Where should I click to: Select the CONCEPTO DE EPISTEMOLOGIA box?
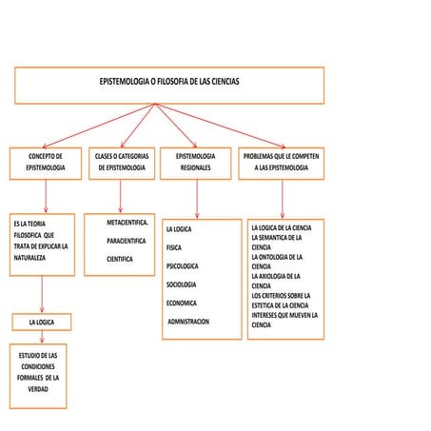click(46, 162)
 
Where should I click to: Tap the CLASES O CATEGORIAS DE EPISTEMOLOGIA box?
click(120, 162)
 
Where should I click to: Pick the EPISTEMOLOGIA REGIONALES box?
click(196, 162)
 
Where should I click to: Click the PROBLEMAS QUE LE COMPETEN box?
click(282, 162)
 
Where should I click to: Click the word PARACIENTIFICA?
click(127, 241)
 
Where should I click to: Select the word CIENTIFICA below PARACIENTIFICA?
click(120, 259)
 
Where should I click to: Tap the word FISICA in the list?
click(173, 247)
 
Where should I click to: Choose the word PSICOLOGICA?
click(182, 266)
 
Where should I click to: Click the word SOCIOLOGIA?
click(181, 284)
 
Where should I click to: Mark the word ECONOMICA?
click(181, 303)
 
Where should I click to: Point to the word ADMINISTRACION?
click(187, 322)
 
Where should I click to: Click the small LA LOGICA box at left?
click(42, 323)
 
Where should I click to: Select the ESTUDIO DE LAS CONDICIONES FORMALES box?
click(38, 372)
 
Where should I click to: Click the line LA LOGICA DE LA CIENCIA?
click(281, 228)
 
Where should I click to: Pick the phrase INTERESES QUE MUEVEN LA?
click(284, 315)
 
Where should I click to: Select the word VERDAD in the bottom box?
click(38, 389)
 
